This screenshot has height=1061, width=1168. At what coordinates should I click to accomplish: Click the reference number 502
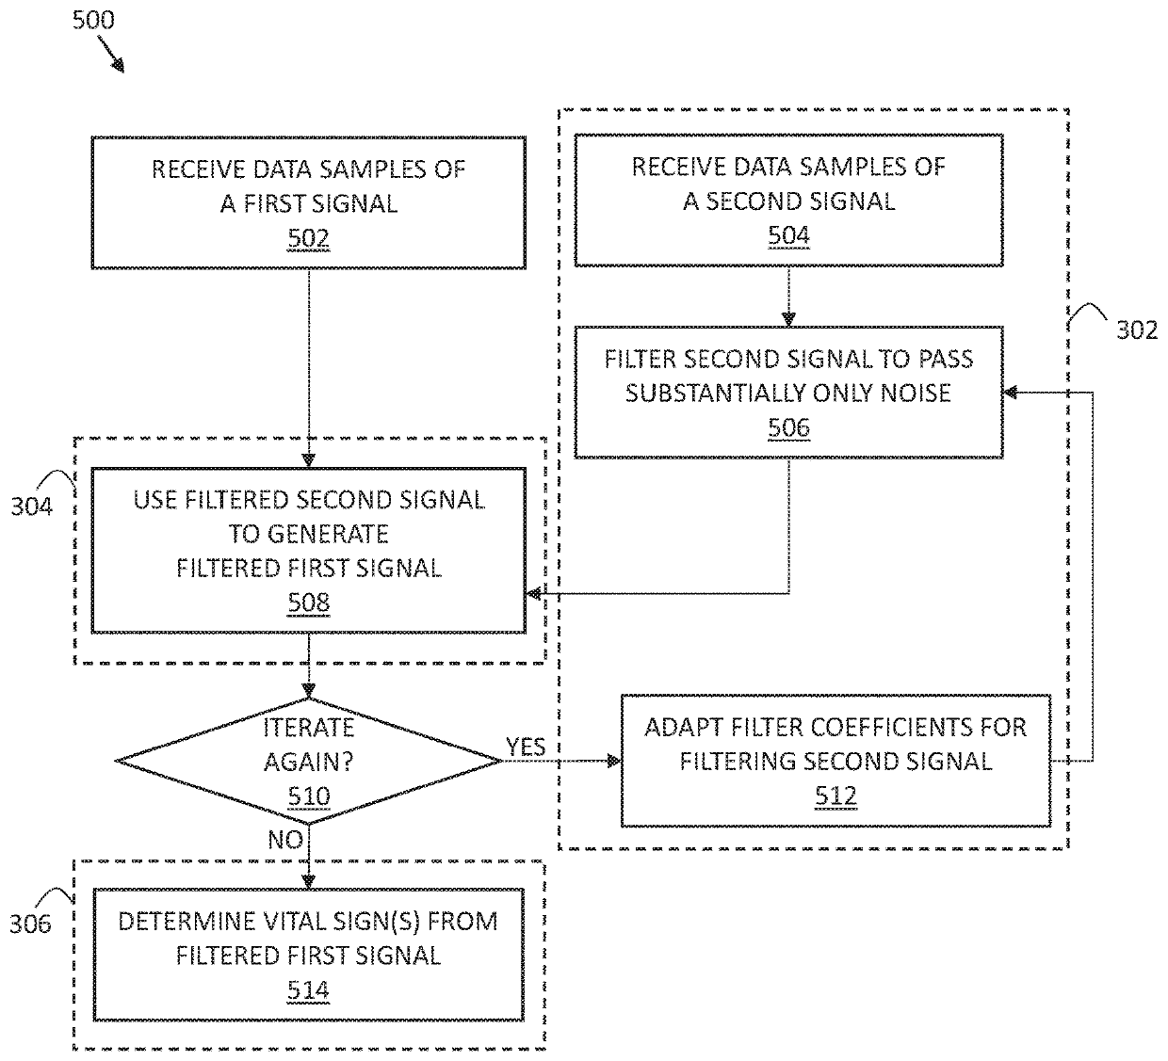(308, 238)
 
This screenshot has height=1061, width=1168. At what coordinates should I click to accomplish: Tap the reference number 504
(788, 235)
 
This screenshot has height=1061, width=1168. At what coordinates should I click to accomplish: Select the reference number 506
(788, 427)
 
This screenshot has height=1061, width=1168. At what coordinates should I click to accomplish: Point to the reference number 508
(308, 603)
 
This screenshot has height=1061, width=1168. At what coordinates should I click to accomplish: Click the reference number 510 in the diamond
(308, 796)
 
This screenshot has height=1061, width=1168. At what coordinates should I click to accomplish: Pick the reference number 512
(835, 796)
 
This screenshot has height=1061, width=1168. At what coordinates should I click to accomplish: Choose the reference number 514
(308, 990)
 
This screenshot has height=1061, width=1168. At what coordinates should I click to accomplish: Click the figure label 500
(93, 20)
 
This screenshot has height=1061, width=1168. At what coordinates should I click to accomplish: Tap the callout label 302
(1137, 330)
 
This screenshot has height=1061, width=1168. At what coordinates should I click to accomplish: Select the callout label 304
(31, 506)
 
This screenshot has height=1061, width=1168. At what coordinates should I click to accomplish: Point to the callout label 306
(31, 924)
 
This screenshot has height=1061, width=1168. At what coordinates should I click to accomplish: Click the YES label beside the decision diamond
(526, 747)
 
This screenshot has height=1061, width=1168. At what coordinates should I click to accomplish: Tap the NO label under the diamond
(285, 839)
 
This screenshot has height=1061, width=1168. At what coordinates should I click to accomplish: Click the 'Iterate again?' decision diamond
(308, 761)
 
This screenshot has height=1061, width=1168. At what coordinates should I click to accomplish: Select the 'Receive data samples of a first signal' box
(308, 202)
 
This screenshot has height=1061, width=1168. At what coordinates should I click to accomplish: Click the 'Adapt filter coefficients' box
(835, 761)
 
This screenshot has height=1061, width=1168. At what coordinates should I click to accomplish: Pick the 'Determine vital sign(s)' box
(308, 955)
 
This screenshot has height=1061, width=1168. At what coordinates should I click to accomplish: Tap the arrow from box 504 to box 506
(788, 296)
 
